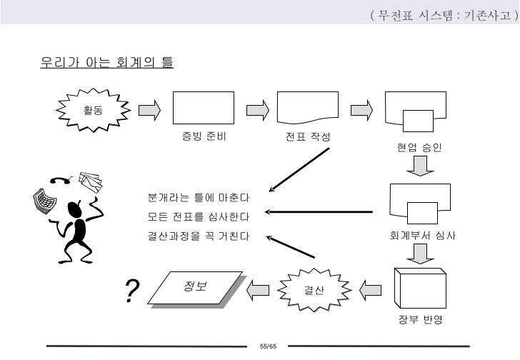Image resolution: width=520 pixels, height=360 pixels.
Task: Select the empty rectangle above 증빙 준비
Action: (204, 109)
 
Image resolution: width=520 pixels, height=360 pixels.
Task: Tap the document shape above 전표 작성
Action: (307, 109)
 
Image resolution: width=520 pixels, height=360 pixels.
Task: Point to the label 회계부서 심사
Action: (423, 235)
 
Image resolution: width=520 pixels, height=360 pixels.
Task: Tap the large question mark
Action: (131, 291)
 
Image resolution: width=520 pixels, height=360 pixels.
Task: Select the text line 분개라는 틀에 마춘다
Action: (198, 196)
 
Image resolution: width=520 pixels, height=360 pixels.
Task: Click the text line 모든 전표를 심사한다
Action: (198, 216)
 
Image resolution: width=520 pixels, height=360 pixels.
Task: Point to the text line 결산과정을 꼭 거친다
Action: (198, 236)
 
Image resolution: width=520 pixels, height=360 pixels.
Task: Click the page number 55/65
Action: (268, 346)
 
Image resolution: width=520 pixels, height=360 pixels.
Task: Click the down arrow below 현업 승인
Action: (420, 167)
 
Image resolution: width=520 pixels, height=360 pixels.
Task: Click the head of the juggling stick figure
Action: (74, 208)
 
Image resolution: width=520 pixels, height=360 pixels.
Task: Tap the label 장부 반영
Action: (420, 319)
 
